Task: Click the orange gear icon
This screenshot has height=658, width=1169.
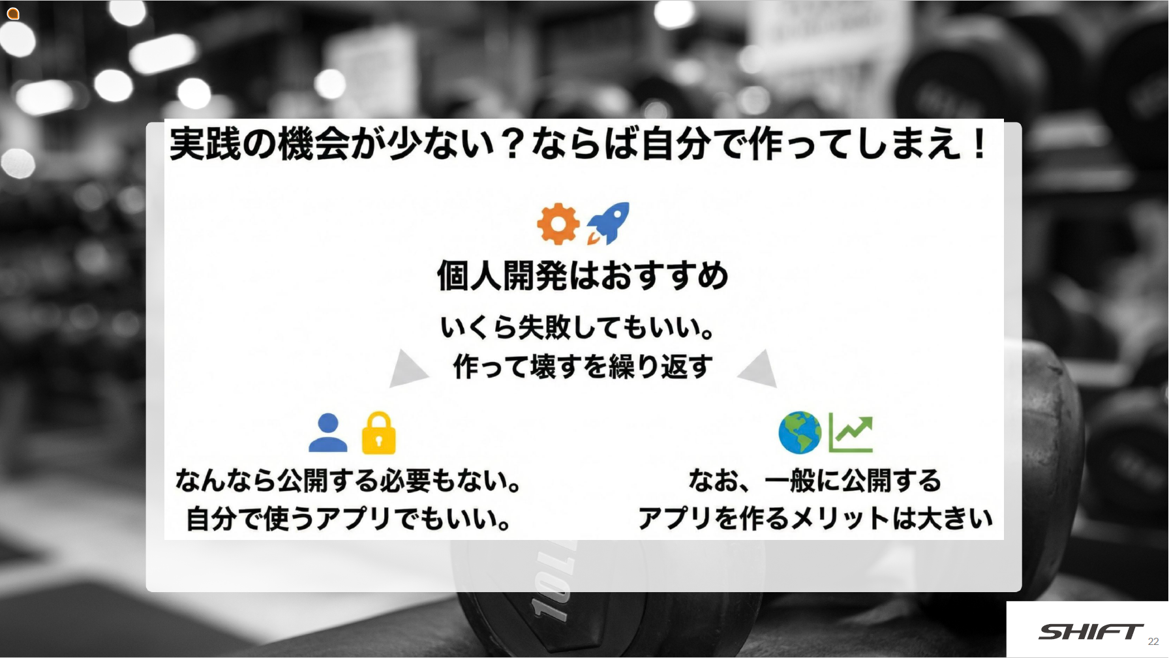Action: [558, 224]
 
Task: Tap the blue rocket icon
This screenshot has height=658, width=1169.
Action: [609, 223]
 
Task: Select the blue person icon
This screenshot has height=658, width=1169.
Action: [327, 433]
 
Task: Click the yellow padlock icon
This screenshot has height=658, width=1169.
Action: [378, 432]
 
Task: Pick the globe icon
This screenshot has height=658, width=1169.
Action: [800, 432]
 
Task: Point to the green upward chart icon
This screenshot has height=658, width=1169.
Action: [851, 433]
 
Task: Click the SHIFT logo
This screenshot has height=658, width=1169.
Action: [1090, 631]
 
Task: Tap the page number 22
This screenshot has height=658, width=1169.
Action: [1153, 642]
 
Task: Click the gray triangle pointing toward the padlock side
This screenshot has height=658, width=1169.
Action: [407, 369]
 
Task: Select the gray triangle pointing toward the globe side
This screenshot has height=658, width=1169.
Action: [759, 369]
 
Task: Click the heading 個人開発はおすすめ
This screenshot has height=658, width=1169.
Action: [583, 275]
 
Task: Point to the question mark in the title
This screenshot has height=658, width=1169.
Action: [513, 143]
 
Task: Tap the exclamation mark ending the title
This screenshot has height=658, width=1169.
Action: [979, 143]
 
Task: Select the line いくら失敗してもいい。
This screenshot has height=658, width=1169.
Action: [578, 327]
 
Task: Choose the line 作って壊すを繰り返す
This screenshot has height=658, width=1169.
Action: [583, 366]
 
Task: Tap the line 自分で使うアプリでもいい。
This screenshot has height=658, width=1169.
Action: [349, 519]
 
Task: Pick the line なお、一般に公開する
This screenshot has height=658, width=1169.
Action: [815, 481]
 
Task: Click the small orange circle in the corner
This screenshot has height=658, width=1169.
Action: [13, 13]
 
